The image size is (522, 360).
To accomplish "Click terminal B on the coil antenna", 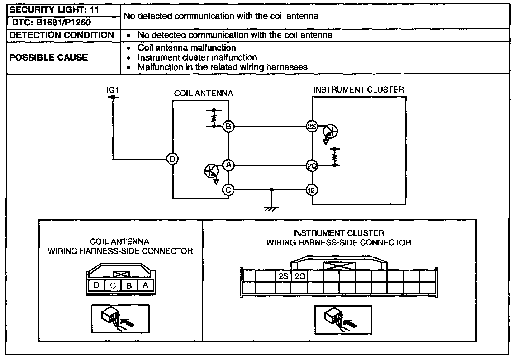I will [x=228, y=127].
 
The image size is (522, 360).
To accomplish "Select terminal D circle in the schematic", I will [x=172, y=159].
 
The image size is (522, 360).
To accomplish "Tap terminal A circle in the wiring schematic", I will [x=228, y=165].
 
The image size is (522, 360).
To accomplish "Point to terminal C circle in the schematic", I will [x=228, y=189].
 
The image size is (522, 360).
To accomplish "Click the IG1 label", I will [x=113, y=91].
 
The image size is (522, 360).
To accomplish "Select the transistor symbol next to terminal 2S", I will [x=330, y=132].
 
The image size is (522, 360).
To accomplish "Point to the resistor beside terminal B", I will [x=214, y=118].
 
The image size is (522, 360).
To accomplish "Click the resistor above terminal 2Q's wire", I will [x=335, y=157].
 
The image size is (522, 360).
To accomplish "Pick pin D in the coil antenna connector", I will [x=96, y=285].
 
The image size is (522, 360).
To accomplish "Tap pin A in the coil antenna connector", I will [x=145, y=285].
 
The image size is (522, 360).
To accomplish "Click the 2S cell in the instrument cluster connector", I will [x=283, y=276].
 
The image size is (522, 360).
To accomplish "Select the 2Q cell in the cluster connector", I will [x=300, y=276].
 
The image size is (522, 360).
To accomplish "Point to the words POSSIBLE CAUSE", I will [x=49, y=57].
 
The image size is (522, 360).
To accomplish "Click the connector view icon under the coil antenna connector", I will [x=120, y=319].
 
